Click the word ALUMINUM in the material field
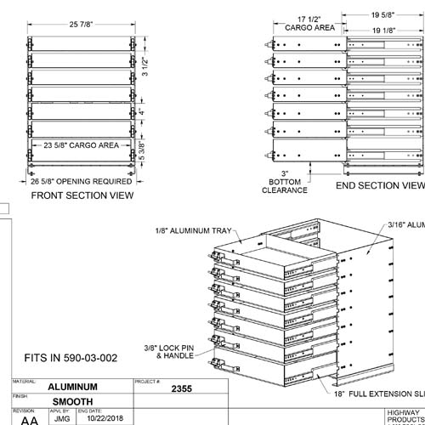click(x=84, y=387)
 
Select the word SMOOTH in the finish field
click(x=74, y=402)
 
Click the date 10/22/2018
click(x=101, y=419)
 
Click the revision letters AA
click(x=28, y=420)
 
